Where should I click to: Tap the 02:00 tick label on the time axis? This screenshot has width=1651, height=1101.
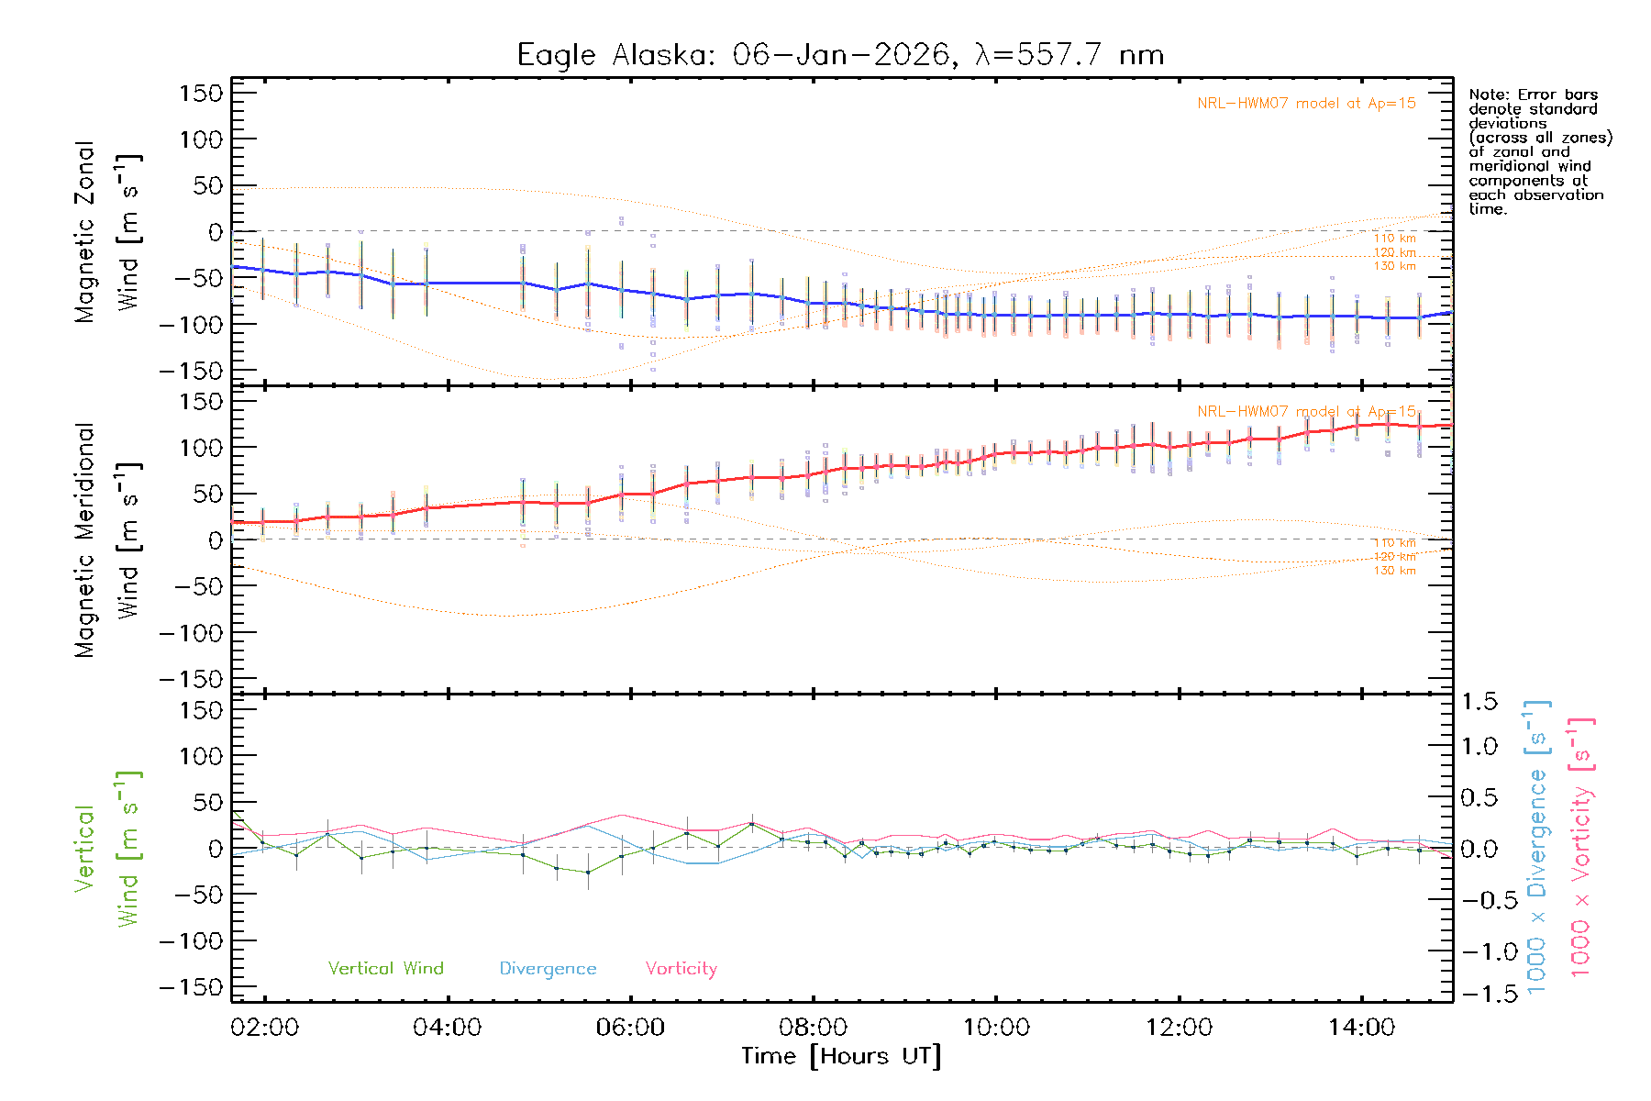265,1027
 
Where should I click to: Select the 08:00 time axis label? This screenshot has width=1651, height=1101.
814,1027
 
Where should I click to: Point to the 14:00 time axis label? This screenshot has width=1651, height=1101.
1362,1027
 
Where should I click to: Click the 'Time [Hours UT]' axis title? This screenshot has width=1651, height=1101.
841,1056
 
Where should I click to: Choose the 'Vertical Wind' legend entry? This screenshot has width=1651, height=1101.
385,968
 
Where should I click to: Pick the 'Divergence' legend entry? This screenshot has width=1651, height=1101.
548,968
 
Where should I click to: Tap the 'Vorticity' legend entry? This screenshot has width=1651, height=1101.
681,968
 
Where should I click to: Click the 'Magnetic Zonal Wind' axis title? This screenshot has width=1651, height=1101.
108,231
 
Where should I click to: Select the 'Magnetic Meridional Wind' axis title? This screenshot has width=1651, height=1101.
108,539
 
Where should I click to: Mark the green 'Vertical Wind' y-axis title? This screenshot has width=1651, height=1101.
108,849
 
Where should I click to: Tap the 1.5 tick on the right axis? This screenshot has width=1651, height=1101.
1479,702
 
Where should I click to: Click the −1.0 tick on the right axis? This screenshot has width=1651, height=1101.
1479,951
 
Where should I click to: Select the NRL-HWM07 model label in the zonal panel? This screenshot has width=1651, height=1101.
1306,103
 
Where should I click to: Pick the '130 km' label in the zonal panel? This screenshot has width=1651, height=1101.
1394,266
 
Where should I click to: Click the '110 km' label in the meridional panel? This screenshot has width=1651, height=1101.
1394,543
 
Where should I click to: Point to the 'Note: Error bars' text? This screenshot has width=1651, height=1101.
1533,95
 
